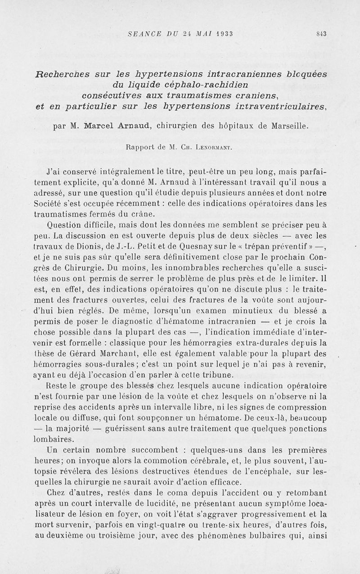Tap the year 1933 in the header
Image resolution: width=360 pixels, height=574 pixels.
pos(220,33)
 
